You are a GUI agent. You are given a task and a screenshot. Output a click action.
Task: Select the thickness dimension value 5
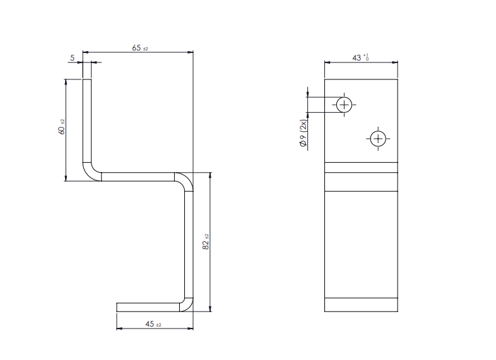click(73, 57)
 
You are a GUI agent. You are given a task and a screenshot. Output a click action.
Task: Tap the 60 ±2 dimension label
click(61, 129)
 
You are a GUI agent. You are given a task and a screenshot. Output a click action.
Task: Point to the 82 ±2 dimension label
click(206, 242)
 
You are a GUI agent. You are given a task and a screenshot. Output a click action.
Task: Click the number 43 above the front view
click(357, 57)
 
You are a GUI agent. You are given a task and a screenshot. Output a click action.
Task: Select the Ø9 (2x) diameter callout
click(304, 133)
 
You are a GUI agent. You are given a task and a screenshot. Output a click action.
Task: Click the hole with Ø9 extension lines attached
click(344, 105)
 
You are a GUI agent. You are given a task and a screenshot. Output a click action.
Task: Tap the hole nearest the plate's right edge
click(377, 139)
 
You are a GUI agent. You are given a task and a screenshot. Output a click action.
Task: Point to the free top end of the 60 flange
click(87, 80)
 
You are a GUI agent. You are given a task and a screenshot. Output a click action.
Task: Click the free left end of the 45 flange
click(119, 307)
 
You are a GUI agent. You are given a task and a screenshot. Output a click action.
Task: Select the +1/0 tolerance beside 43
click(366, 57)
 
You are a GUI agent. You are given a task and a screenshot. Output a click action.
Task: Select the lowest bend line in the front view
click(361, 297)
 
